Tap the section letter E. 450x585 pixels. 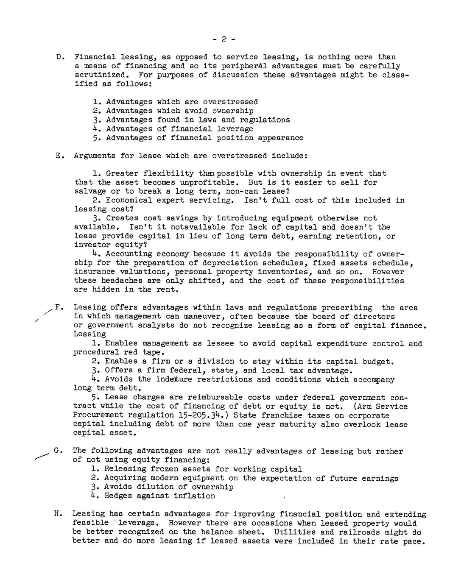[59, 156]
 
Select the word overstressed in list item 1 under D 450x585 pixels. [230, 102]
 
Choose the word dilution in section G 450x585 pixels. [159, 487]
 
